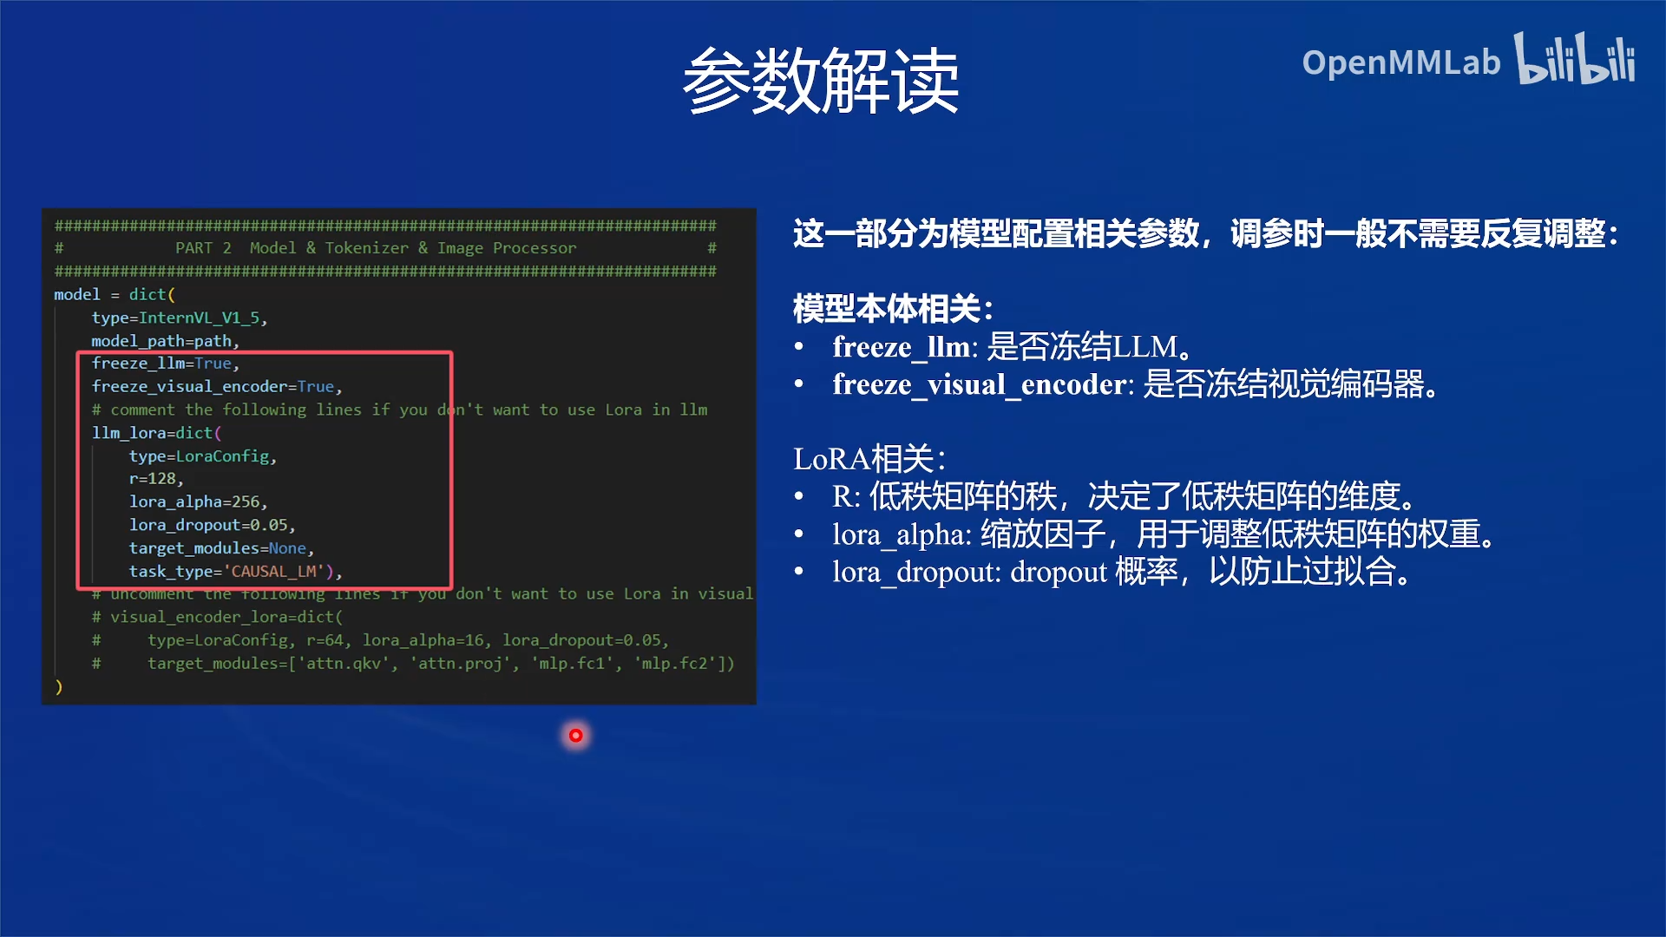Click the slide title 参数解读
[821, 81]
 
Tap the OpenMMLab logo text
[1400, 62]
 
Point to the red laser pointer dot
[575, 736]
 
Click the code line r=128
[156, 479]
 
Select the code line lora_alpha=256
[198, 501]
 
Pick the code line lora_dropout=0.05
[212, 525]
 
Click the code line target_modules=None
[220, 548]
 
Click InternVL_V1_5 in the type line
[200, 318]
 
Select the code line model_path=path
[165, 341]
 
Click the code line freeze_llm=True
[165, 364]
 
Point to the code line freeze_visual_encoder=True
[216, 386]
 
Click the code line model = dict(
[115, 294]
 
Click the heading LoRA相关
[869, 458]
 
